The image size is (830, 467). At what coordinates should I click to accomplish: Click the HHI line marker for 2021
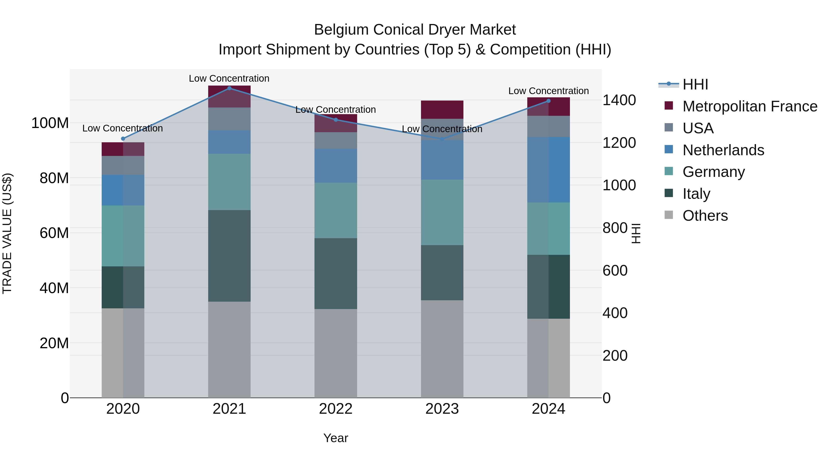click(x=229, y=88)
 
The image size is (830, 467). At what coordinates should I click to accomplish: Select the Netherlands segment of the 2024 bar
click(x=549, y=170)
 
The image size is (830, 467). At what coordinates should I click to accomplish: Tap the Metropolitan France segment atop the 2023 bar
click(x=442, y=110)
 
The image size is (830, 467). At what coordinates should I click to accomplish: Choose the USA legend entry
click(x=698, y=128)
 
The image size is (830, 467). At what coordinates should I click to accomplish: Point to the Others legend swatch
click(x=669, y=215)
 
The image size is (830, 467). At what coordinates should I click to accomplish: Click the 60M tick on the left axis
click(x=54, y=233)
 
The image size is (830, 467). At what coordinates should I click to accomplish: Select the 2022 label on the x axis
click(x=336, y=409)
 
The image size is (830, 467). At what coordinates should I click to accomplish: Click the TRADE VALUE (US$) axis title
click(x=7, y=233)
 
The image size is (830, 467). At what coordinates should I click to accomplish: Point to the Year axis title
click(x=336, y=438)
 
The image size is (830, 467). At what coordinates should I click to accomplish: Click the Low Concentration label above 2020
click(x=122, y=128)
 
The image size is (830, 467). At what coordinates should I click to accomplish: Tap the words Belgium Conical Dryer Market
click(x=415, y=30)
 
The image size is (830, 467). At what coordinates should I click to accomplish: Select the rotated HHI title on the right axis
click(x=636, y=233)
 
